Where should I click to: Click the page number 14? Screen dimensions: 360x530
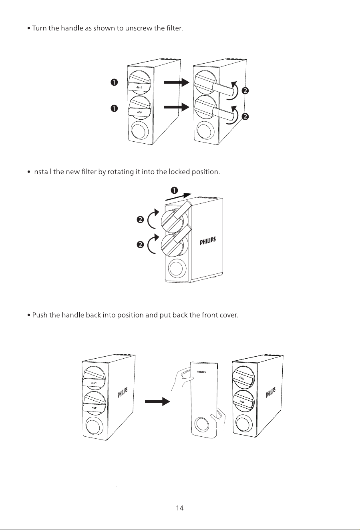point(180,508)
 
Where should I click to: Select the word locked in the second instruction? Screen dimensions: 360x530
point(179,172)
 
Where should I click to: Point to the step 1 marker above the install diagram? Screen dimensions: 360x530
point(174,190)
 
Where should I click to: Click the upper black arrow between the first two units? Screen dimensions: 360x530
point(177,82)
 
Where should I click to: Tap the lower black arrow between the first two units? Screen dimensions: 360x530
point(177,107)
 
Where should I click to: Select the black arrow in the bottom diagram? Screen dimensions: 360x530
point(157,401)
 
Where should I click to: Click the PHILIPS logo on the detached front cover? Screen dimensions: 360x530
point(201,372)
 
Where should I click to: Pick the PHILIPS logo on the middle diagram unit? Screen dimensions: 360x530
point(208,241)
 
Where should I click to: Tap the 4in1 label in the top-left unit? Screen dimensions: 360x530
point(139,88)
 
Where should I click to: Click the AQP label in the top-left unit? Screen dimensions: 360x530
point(139,112)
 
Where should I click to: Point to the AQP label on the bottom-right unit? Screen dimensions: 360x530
point(241,402)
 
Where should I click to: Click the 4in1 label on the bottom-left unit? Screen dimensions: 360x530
point(94,383)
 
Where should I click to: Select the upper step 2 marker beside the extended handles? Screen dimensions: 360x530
point(245,90)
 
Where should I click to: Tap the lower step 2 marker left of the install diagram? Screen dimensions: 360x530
point(140,245)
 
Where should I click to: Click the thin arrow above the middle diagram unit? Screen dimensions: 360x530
point(178,197)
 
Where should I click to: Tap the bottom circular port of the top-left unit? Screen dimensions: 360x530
point(139,130)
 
